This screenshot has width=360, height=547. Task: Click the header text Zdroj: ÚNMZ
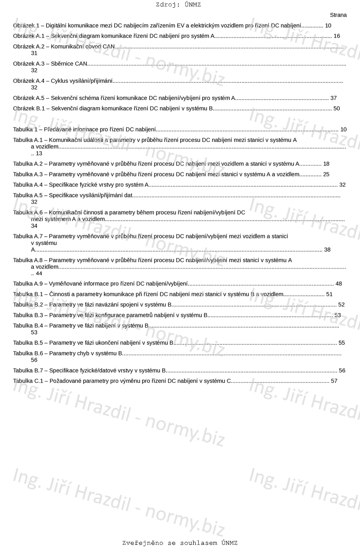pyautogui.click(x=178, y=5)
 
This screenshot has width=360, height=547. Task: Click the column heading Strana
pyautogui.click(x=338, y=15)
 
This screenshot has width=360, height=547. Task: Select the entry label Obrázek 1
pyautogui.click(x=26, y=26)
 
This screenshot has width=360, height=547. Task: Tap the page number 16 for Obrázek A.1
pyautogui.click(x=337, y=36)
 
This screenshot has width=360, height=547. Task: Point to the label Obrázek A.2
pyautogui.click(x=29, y=47)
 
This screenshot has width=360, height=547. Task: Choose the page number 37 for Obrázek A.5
pyautogui.click(x=333, y=98)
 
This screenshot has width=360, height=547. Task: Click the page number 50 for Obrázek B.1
pyautogui.click(x=336, y=109)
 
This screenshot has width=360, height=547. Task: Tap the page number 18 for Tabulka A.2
pyautogui.click(x=326, y=164)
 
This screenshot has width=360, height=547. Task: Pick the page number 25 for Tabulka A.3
pyautogui.click(x=326, y=174)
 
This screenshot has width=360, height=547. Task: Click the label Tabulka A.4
pyautogui.click(x=28, y=185)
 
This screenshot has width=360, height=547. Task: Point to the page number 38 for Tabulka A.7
pyautogui.click(x=327, y=250)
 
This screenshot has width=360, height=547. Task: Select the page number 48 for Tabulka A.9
pyautogui.click(x=338, y=284)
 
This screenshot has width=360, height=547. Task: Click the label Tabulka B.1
pyautogui.click(x=28, y=294)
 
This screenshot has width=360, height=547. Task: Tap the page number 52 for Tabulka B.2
pyautogui.click(x=341, y=305)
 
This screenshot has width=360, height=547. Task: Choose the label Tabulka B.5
pyautogui.click(x=28, y=343)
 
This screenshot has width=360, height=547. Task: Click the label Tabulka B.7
pyautogui.click(x=28, y=371)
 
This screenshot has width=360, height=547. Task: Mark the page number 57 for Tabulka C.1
pyautogui.click(x=334, y=381)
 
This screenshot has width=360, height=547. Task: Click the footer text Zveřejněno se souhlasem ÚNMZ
pyautogui.click(x=180, y=543)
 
